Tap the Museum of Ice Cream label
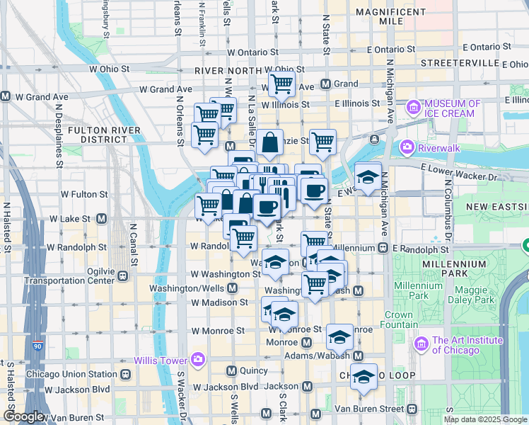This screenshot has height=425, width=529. pos(452,108)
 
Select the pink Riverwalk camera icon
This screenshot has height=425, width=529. pos(407,148)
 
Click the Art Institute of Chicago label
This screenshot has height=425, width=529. pos(466,345)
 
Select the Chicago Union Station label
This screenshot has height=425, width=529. pos(71,374)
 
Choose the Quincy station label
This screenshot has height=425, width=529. pos(253,370)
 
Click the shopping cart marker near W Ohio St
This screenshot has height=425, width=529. pos(281,84)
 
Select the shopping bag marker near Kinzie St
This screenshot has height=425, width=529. pos(270,142)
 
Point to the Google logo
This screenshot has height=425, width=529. pos(24,417)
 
